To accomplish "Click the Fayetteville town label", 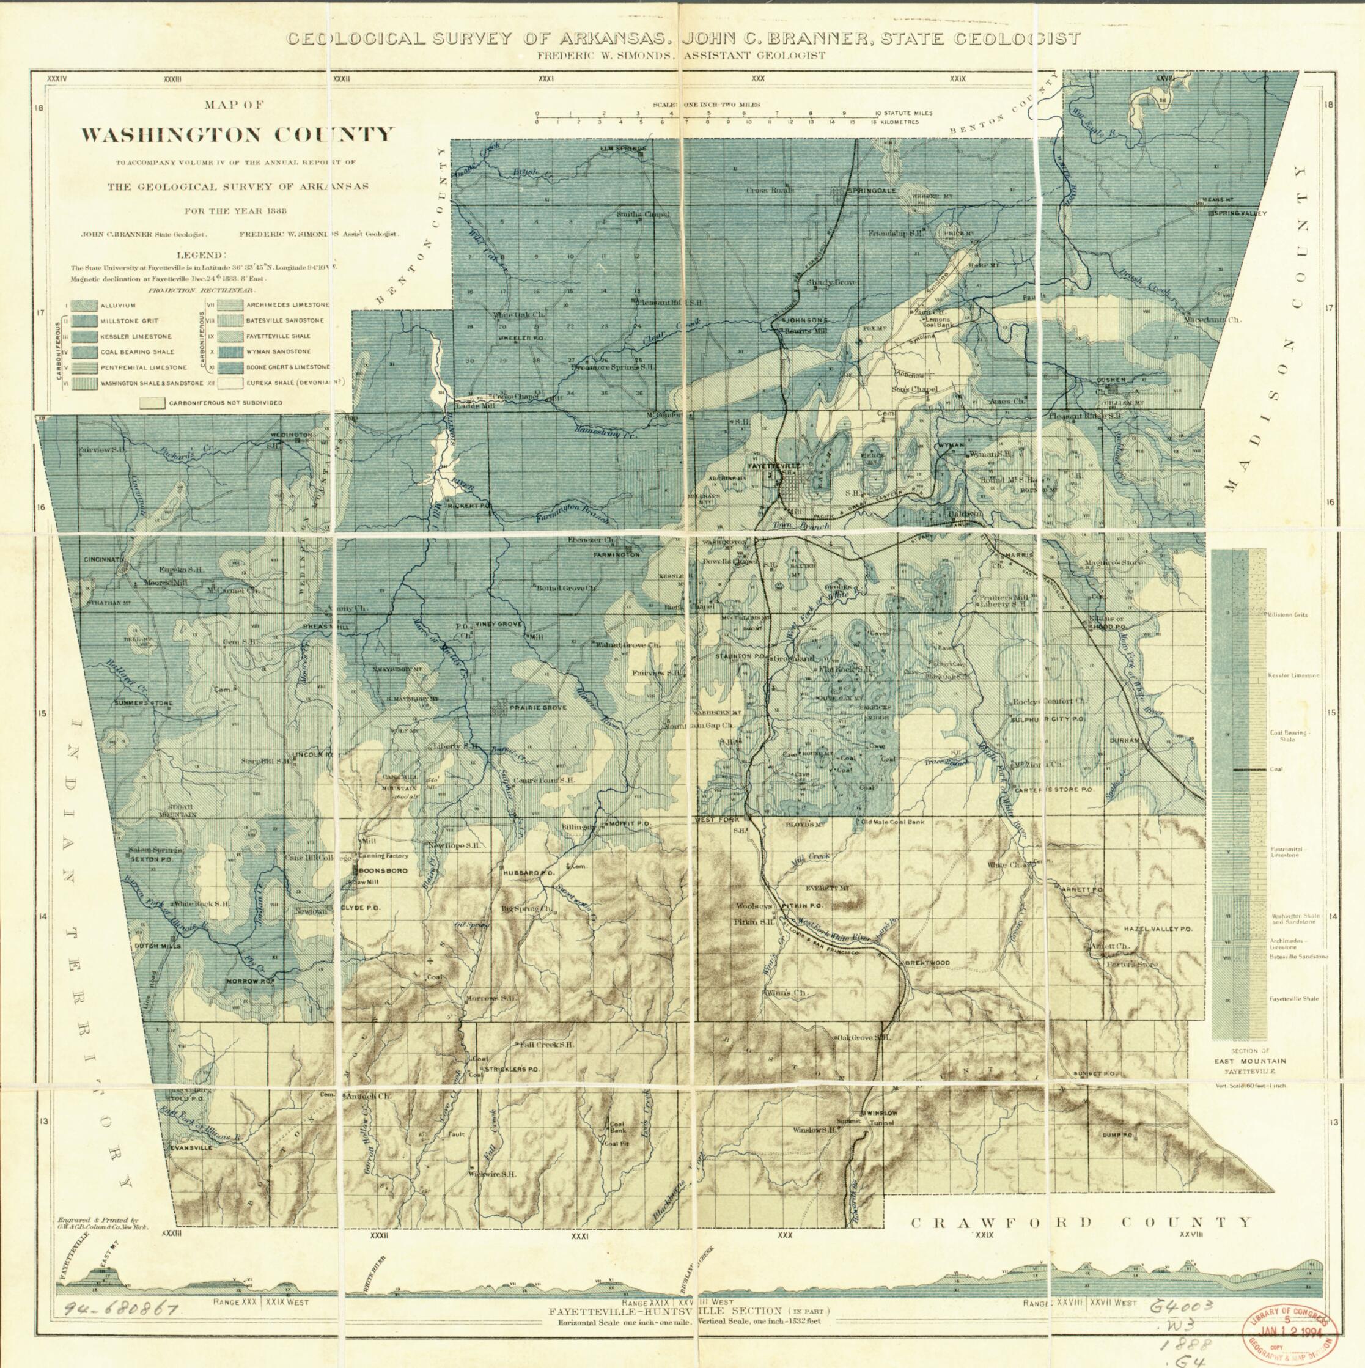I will point(770,466).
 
